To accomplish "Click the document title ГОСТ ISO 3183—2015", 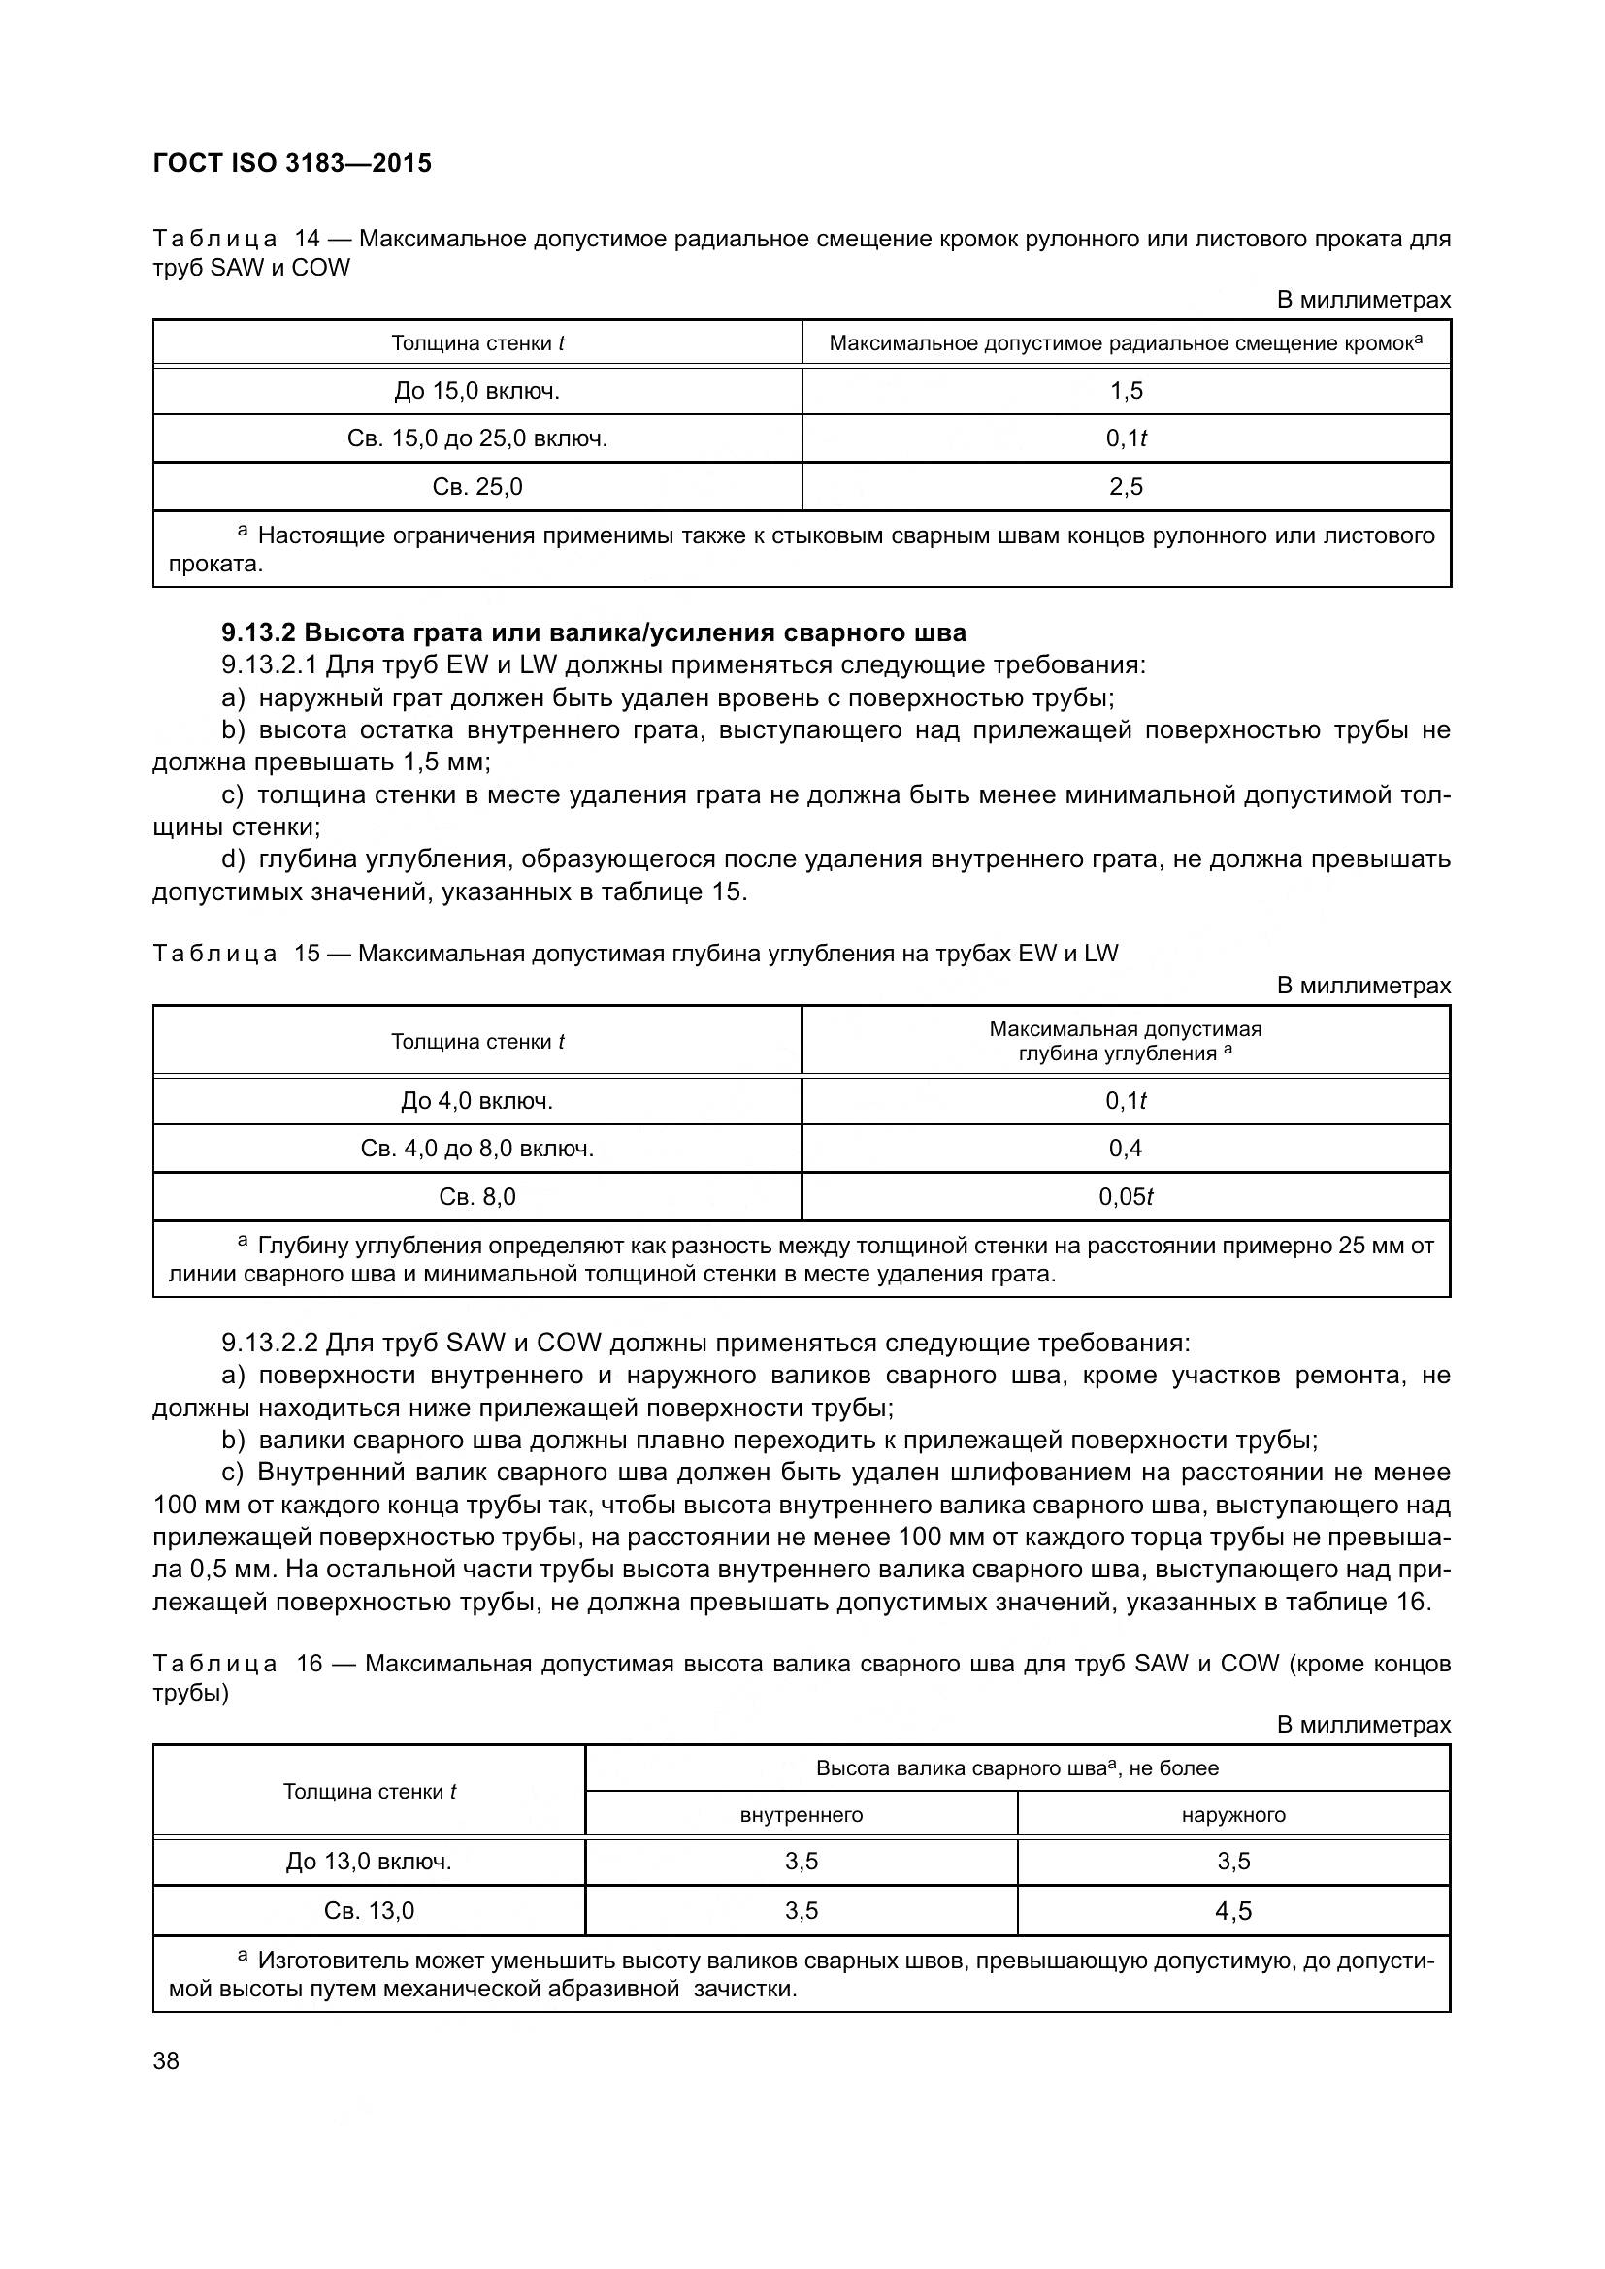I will point(292,164).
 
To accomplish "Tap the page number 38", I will point(166,2060).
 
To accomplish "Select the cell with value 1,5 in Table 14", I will point(1126,391).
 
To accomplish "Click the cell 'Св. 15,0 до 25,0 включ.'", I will point(477,438).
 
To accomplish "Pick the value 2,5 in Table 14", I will point(1126,487).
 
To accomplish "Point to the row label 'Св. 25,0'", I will point(477,487).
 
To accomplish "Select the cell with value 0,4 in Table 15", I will point(1126,1149).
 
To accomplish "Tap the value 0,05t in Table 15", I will point(1126,1197).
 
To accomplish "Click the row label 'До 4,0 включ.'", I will point(477,1101).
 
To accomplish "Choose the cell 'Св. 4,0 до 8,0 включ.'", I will point(477,1149).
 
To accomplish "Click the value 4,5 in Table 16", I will point(1233,1911).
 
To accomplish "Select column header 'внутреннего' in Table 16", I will point(802,1815).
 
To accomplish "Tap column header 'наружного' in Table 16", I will point(1233,1815).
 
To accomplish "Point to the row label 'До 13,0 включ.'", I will point(369,1862).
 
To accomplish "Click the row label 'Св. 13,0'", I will point(369,1911).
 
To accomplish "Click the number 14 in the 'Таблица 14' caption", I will point(309,240).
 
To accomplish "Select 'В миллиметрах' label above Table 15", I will point(1363,986).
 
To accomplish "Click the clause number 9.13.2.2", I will point(269,1343).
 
